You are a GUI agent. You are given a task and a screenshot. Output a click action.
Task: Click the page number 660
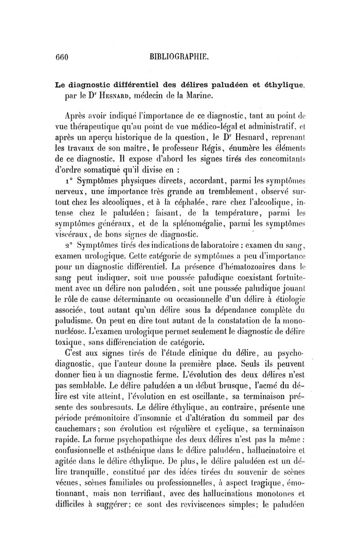61,57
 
